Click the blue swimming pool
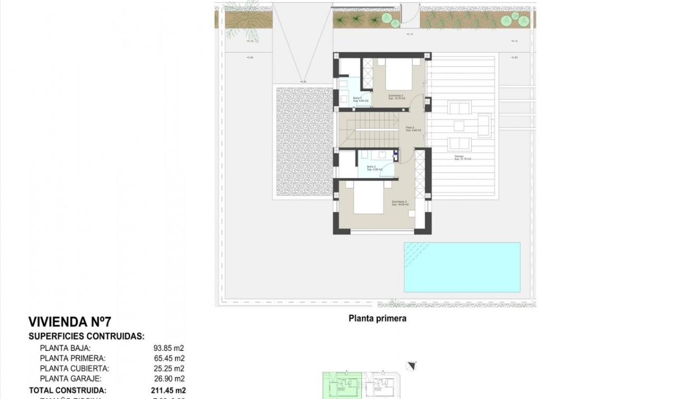[x=462, y=267]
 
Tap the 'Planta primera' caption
[x=377, y=318]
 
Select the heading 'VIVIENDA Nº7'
[x=70, y=322]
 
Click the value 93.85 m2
[x=168, y=348]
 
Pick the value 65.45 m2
[x=168, y=358]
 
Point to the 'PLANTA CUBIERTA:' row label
[x=74, y=368]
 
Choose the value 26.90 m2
[x=168, y=378]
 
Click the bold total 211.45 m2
[x=168, y=391]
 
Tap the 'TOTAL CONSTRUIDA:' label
[x=67, y=391]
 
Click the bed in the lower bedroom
[x=368, y=198]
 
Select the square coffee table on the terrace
[x=459, y=126]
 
